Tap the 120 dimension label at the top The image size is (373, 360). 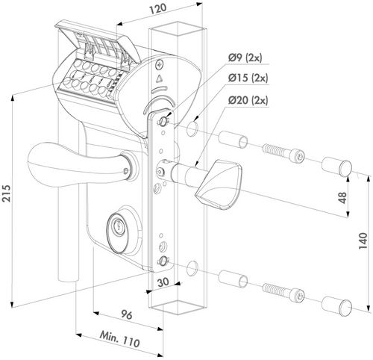[x=157, y=9]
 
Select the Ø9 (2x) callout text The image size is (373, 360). [x=245, y=58]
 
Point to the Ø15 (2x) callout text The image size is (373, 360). [x=248, y=78]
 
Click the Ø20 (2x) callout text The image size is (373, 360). [x=248, y=101]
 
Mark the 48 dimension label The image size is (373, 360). [x=342, y=197]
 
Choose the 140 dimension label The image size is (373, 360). [x=363, y=241]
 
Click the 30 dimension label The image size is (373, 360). [x=163, y=282]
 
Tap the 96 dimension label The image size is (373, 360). [x=127, y=315]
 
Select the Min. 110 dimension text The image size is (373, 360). [x=119, y=339]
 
